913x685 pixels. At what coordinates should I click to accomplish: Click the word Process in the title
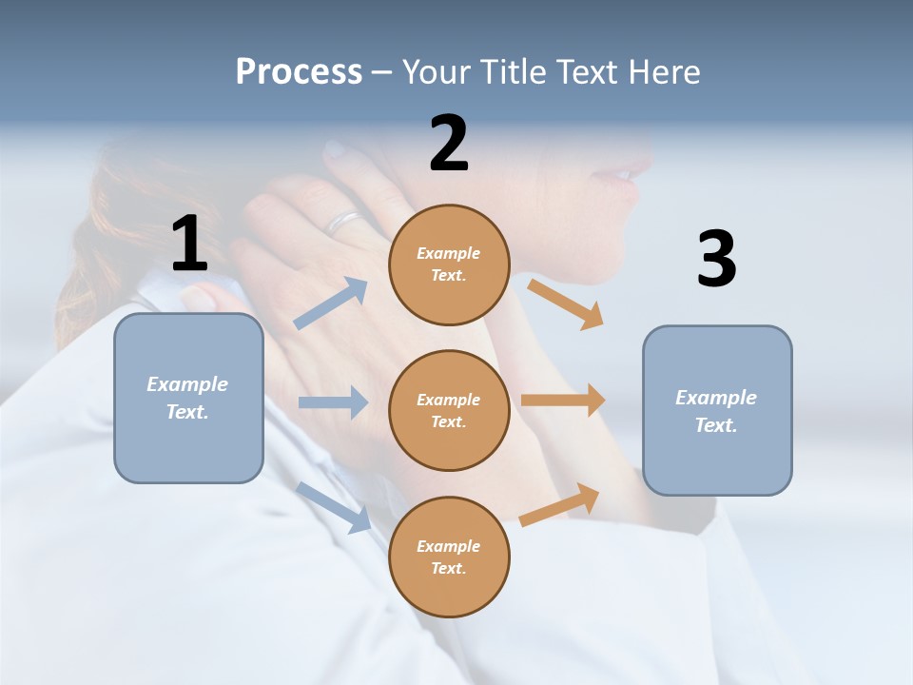pos(299,72)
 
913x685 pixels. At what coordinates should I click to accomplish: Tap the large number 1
pos(189,244)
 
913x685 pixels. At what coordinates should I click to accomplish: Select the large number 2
pos(449,144)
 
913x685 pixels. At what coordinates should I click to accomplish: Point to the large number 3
pos(716,260)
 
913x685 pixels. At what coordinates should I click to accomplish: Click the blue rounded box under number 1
pos(188,398)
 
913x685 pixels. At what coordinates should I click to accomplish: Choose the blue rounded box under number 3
pos(717,410)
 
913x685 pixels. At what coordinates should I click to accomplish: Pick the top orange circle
pos(449,264)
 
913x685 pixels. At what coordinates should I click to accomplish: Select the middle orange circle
pos(449,410)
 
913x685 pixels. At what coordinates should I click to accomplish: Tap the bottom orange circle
pos(449,557)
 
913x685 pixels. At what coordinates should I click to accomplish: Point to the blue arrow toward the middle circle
pos(332,402)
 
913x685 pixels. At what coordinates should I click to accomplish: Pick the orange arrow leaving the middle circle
pos(563,400)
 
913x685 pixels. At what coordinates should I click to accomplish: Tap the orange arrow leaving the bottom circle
pos(560,504)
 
